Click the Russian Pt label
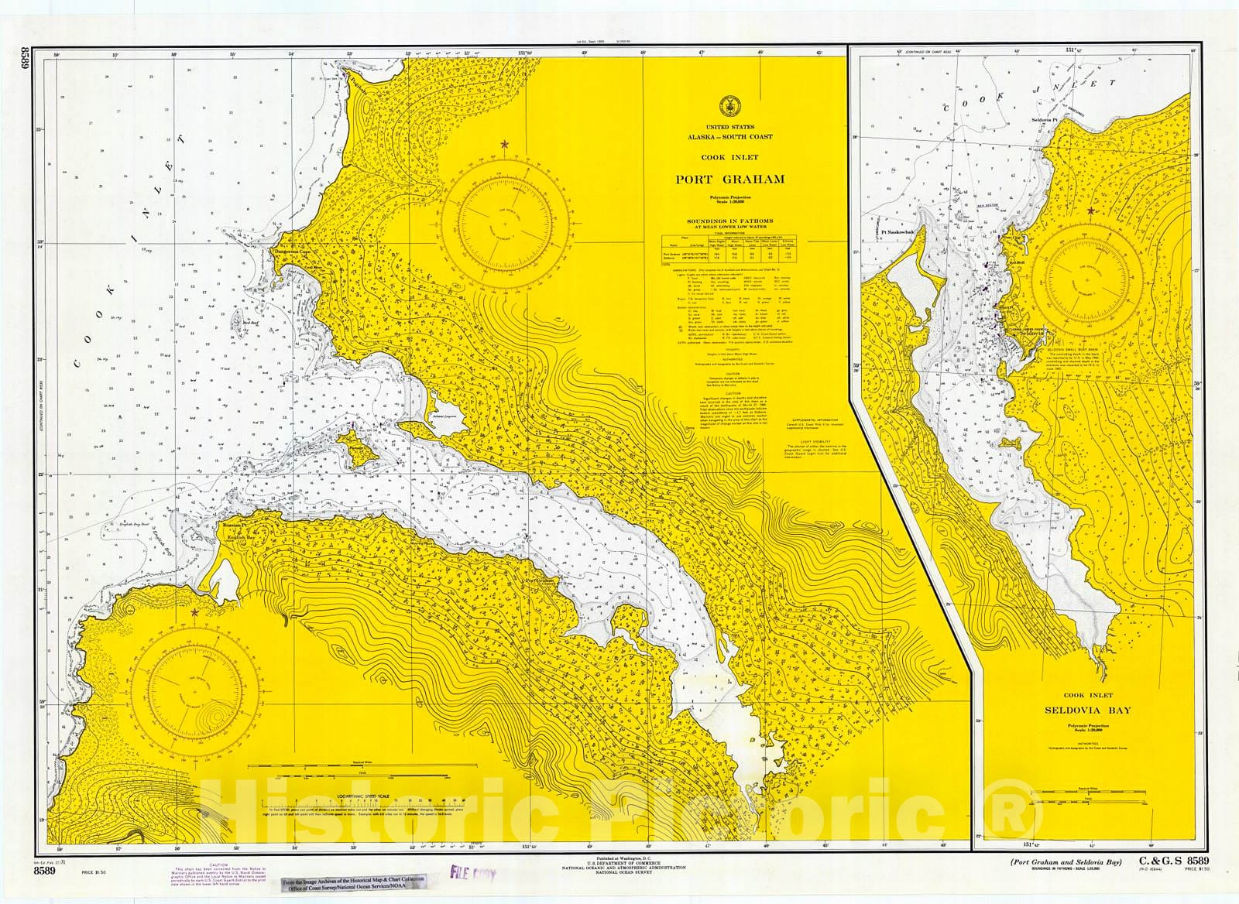tap(233, 526)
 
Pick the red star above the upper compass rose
tap(505, 144)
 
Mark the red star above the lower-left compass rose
tap(194, 612)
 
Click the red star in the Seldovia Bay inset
tap(1091, 211)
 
